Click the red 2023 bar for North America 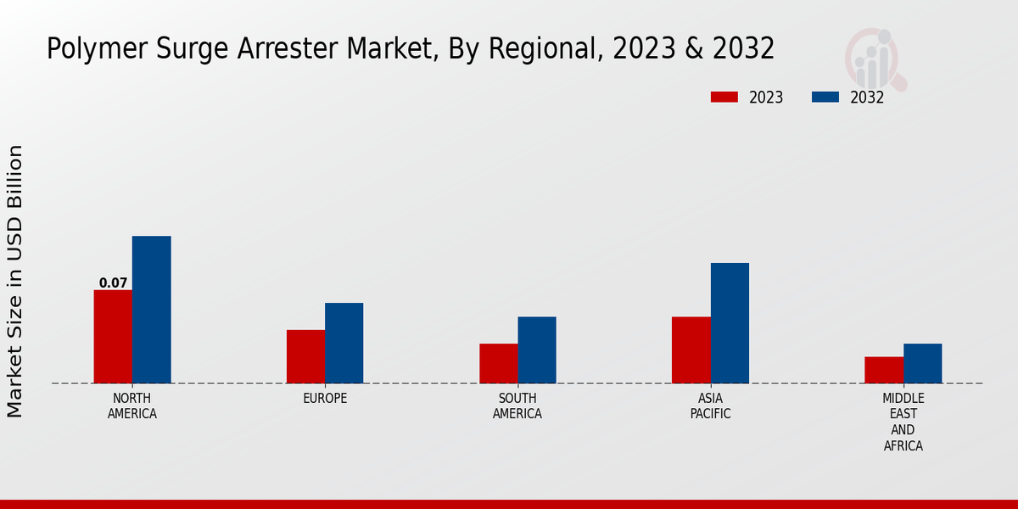113,336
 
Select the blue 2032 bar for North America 151,309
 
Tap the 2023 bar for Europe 305,356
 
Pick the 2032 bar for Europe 344,343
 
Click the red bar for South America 498,363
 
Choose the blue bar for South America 537,350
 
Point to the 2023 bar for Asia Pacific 691,350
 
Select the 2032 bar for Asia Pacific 730,322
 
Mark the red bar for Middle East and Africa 884,370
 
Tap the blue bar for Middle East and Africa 922,363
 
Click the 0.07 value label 113,283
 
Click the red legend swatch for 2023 724,98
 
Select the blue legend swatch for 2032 825,98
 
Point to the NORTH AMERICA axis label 132,406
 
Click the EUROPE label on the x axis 325,398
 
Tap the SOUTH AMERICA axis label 517,406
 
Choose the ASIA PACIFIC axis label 710,406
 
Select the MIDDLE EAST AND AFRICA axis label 903,422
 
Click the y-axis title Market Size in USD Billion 15,281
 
